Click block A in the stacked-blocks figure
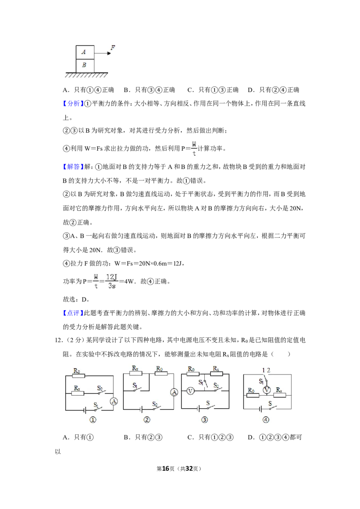coord(85,52)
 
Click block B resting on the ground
coord(85,66)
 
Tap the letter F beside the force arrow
coord(113,48)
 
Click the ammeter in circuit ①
coord(114,402)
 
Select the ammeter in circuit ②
coord(174,393)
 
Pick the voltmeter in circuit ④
coord(267,390)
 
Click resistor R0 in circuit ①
coord(78,375)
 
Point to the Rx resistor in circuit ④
coord(279,395)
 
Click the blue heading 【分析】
coord(71,103)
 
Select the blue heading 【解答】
coord(71,167)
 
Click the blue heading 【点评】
coord(71,313)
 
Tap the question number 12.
coord(58,340)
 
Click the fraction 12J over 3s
coord(112,281)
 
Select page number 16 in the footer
coord(166,469)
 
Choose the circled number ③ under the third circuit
coord(204,420)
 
